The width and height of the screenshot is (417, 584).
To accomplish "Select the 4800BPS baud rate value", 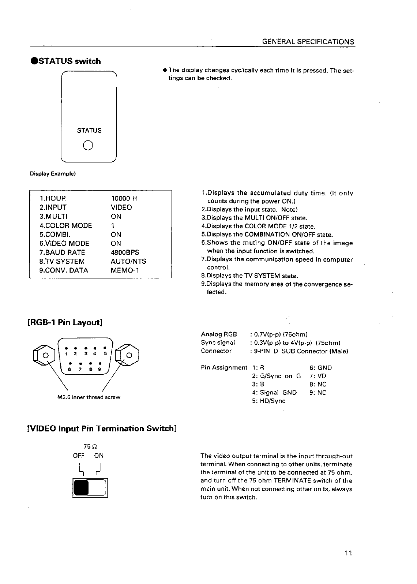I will coord(125,252).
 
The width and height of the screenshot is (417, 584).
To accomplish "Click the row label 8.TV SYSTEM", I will coord(62,261).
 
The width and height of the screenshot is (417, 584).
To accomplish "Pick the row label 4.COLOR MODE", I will coord(66,225).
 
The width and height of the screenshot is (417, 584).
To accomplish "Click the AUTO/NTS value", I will coord(128,261).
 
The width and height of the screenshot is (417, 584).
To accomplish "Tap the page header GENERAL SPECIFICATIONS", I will coord(308,42).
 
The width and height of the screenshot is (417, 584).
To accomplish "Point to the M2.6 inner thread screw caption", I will coord(89,397).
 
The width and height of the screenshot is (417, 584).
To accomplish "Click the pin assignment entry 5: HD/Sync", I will coord(269,401).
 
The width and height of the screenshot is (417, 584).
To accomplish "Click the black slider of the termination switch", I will coord(82,488).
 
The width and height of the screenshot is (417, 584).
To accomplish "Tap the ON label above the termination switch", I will coord(99,456).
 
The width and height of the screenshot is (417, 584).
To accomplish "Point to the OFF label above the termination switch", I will coord(79,456).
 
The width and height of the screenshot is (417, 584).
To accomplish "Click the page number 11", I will coord(348,553).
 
